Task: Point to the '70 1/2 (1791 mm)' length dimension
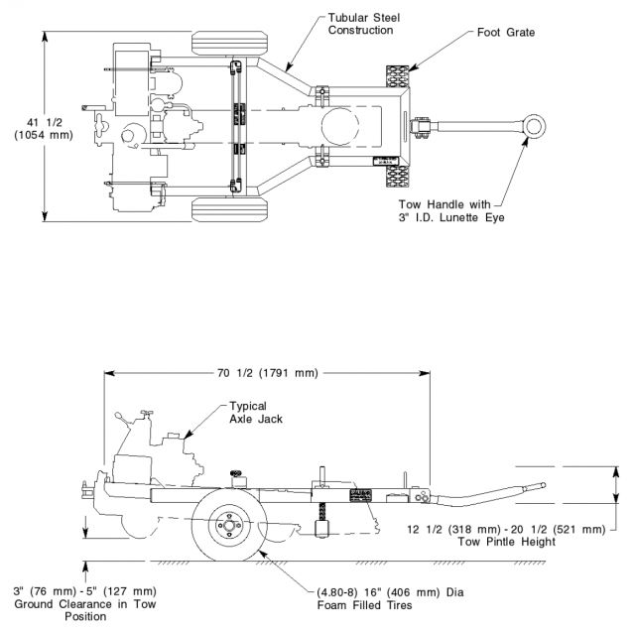click(267, 373)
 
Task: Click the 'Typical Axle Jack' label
click(256, 412)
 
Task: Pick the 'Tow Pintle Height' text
click(506, 542)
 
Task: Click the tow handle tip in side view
click(541, 486)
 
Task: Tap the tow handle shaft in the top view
click(476, 125)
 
